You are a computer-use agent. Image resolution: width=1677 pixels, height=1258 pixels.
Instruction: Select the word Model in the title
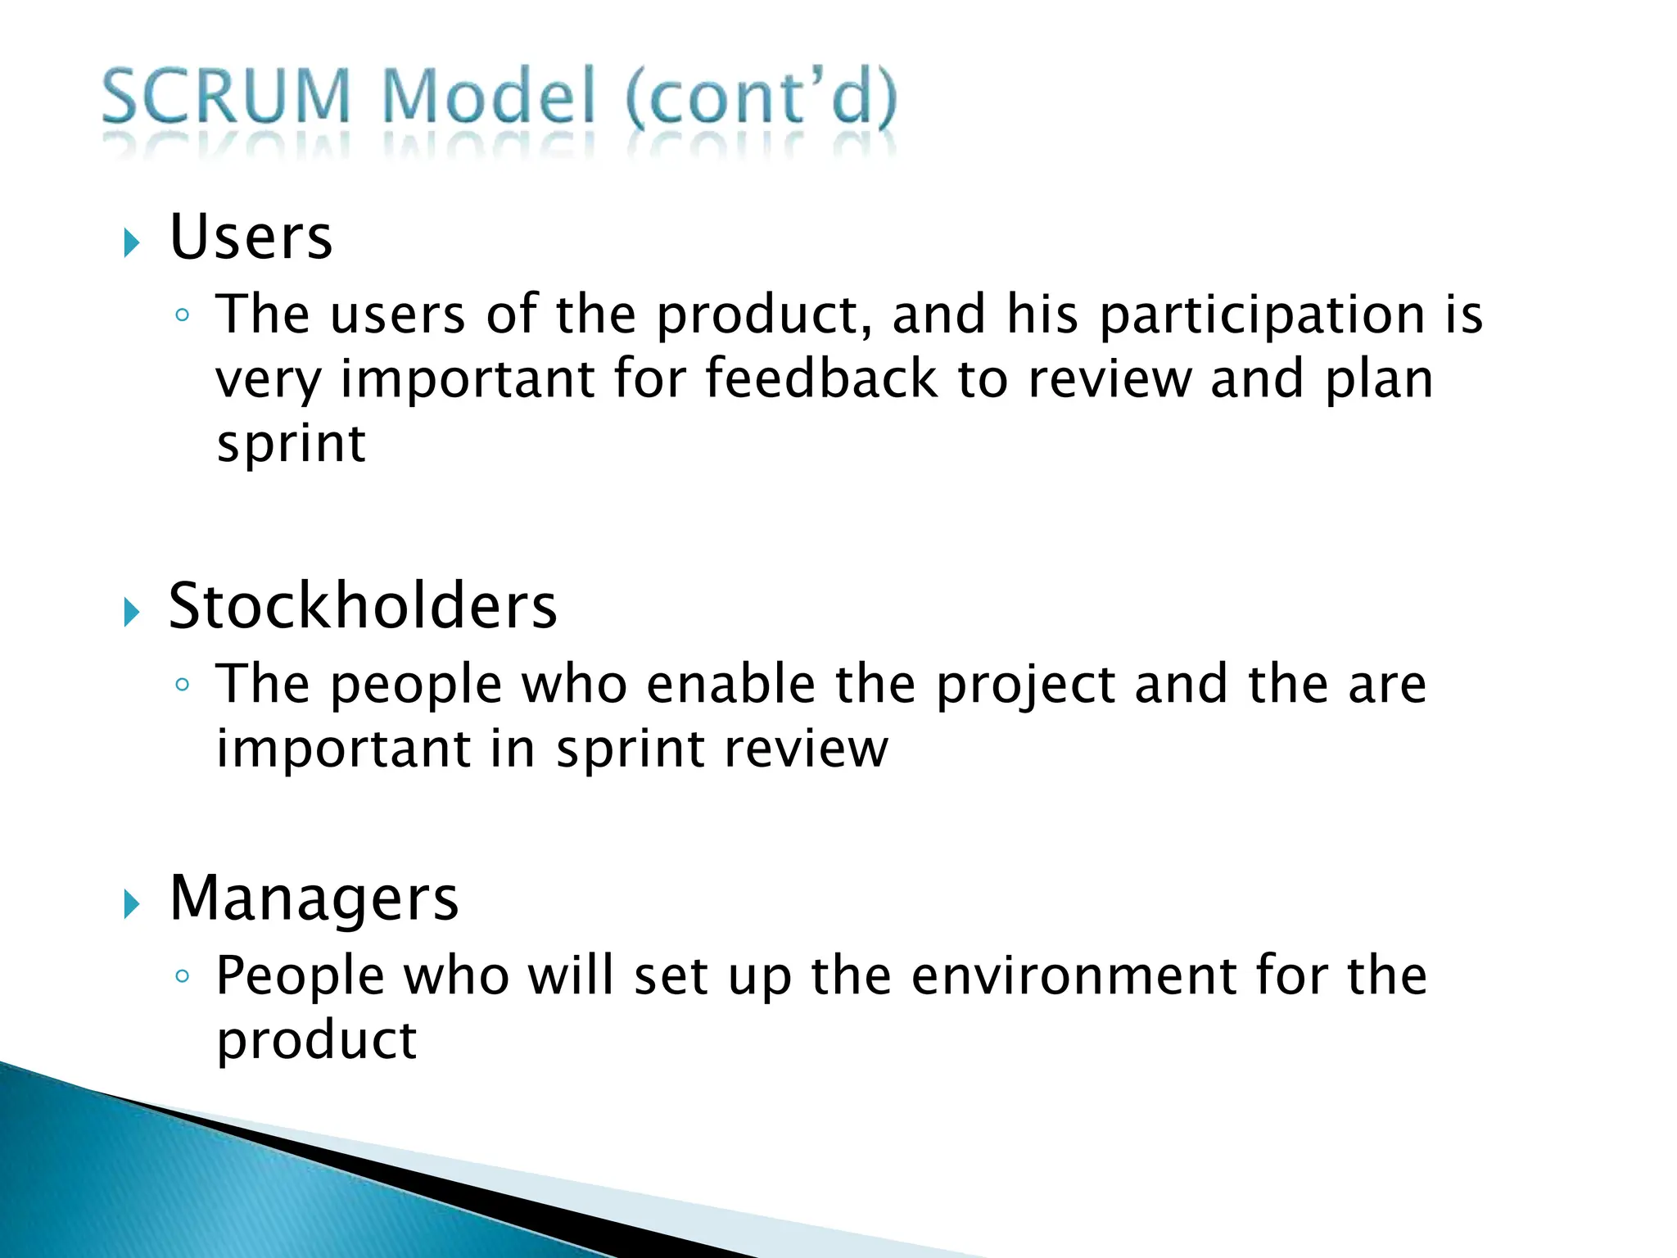489,98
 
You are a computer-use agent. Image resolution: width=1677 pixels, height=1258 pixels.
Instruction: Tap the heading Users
251,238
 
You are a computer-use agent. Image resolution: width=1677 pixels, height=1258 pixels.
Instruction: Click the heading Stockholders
363,607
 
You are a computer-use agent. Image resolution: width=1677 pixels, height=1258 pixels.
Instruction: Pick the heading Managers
314,899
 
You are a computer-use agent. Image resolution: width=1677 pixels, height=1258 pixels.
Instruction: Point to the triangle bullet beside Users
132,243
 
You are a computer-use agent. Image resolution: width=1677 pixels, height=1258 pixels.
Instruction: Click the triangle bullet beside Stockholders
132,612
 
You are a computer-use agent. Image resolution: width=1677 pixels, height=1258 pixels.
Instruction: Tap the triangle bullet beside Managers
132,904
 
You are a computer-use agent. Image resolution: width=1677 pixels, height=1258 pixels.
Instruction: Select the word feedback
820,379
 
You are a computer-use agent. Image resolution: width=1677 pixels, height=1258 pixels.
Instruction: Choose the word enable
730,685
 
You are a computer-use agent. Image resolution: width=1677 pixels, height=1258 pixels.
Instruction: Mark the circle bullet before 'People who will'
183,976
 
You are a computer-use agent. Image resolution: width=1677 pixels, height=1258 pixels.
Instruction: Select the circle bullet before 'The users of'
183,315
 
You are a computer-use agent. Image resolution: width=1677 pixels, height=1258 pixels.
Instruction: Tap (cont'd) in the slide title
762,98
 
